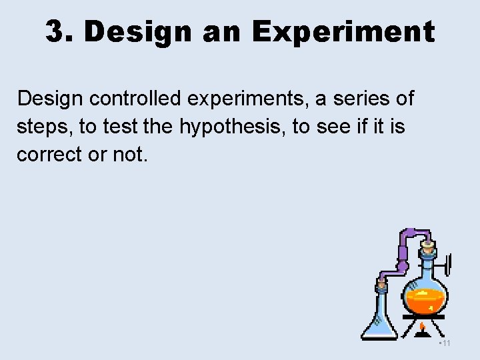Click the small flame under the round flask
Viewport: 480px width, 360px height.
423,327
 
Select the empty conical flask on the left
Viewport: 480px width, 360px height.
380,320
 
